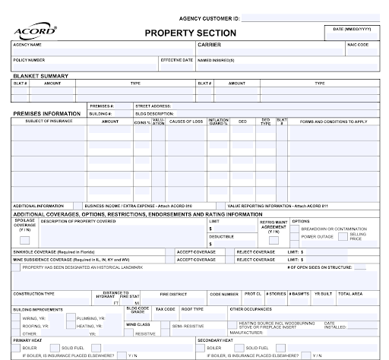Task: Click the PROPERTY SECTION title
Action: (x=190, y=33)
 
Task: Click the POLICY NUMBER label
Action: (x=29, y=59)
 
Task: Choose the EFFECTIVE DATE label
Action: (x=176, y=59)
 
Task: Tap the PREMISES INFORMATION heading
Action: (x=46, y=113)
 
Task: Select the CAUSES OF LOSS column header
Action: (x=186, y=122)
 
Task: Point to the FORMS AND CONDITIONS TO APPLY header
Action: (x=334, y=122)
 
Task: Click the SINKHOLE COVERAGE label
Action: (x=49, y=251)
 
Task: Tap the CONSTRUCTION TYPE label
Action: (x=33, y=293)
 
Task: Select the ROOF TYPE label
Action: (x=192, y=309)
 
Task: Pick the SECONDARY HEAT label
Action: (x=216, y=340)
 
